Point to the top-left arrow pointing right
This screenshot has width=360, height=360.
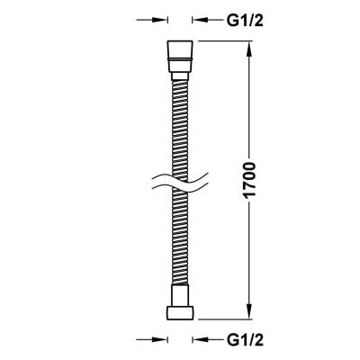[x=155, y=17]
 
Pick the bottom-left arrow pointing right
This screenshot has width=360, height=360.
[x=155, y=340]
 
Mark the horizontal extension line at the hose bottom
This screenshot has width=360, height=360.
[x=225, y=319]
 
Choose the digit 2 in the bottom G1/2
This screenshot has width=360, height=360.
[x=256, y=340]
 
